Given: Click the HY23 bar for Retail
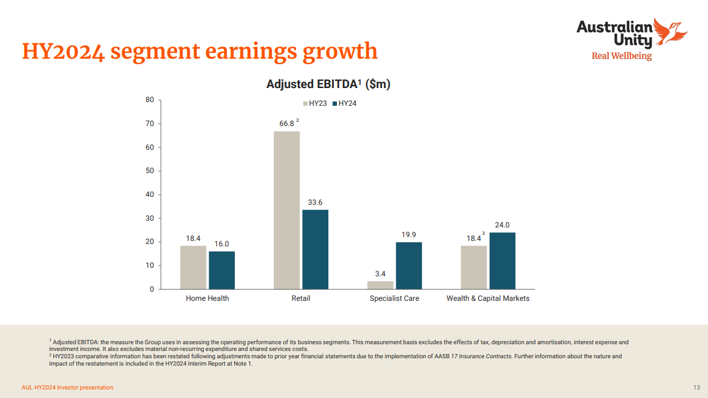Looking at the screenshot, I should click(287, 210).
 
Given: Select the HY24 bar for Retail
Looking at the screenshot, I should click(315, 249).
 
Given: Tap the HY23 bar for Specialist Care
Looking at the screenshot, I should click(380, 285).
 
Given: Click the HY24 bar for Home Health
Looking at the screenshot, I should click(221, 270).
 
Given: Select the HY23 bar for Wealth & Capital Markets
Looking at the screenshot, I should click(474, 267).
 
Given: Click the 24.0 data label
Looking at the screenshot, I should click(502, 224).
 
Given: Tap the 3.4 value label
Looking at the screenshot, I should click(380, 273).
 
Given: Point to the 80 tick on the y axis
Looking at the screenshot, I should click(150, 100).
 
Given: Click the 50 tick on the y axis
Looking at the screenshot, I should click(150, 171).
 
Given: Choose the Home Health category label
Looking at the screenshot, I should click(207, 298).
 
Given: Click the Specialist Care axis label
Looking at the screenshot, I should click(394, 298).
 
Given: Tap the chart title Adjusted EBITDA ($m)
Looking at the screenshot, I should click(328, 84).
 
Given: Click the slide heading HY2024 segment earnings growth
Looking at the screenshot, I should click(200, 51).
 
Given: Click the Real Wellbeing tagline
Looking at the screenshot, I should click(621, 56).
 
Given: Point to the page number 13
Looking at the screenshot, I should click(696, 388).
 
